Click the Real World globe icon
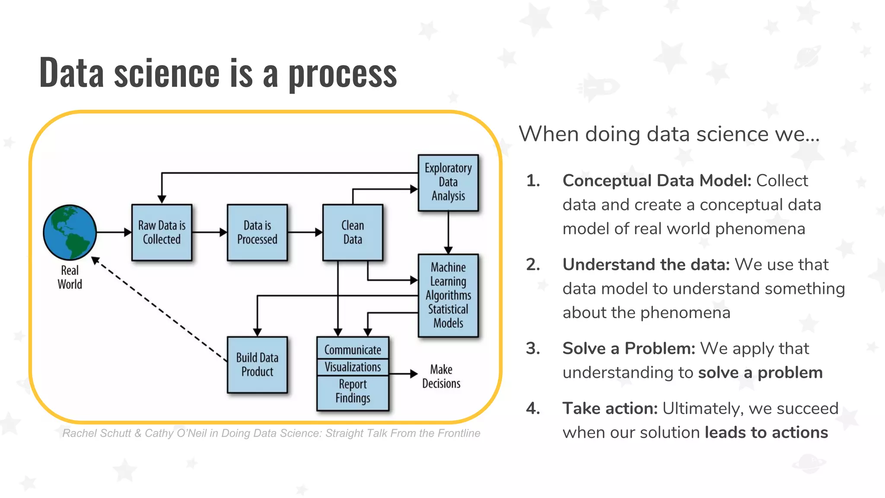pyautogui.click(x=70, y=232)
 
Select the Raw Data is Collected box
pyautogui.click(x=162, y=233)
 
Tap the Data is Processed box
pyautogui.click(x=257, y=233)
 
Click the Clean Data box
pyautogui.click(x=353, y=233)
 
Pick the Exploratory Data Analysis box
pyautogui.click(x=448, y=182)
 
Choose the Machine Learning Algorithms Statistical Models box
pyautogui.click(x=448, y=295)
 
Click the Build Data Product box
pyautogui.click(x=257, y=364)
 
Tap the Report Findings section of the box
pyautogui.click(x=353, y=392)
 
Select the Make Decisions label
pyautogui.click(x=441, y=377)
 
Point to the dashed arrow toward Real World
pyautogui.click(x=160, y=310)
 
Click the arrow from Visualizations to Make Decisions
pyautogui.click(x=403, y=373)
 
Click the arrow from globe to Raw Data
pyautogui.click(x=114, y=233)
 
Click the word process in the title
pyautogui.click(x=342, y=73)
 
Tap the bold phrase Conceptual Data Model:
pyautogui.click(x=657, y=181)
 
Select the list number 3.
pyautogui.click(x=533, y=348)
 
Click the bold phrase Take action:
pyautogui.click(x=610, y=409)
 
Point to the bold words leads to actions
pyautogui.click(x=766, y=433)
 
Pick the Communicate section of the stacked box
pyautogui.click(x=353, y=349)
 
